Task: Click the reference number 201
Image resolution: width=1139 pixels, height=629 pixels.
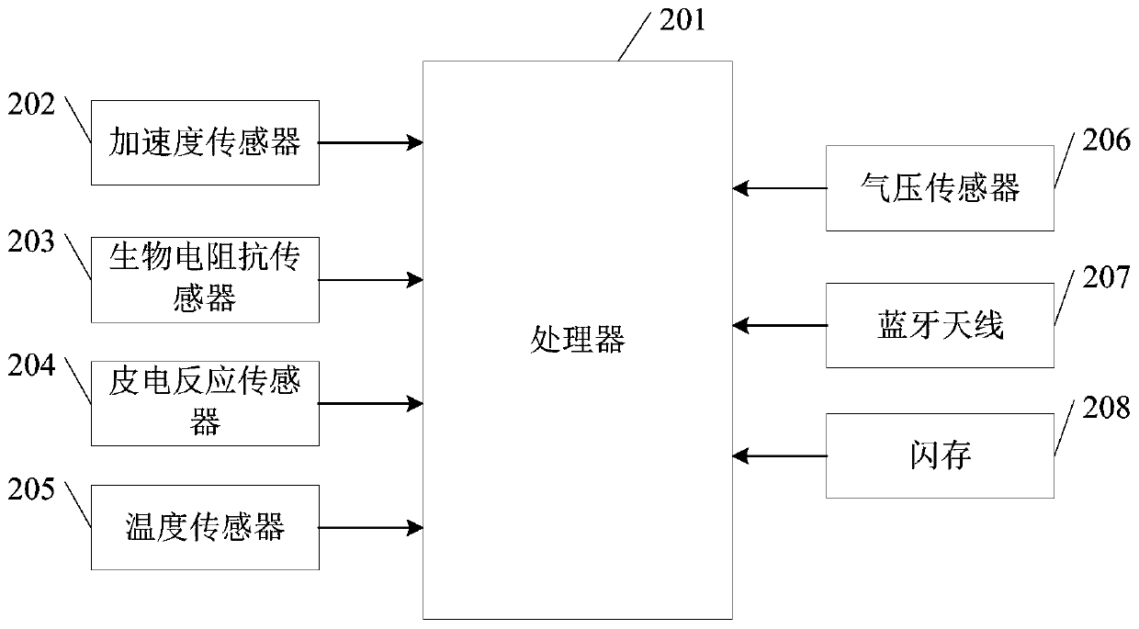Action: tap(682, 21)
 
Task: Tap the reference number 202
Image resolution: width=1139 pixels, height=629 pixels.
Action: tap(31, 105)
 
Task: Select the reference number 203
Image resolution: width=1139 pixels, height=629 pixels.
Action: tap(31, 241)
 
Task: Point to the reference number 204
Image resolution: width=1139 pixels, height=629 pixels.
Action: tap(31, 365)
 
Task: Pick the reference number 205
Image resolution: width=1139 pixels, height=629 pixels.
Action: tap(31, 489)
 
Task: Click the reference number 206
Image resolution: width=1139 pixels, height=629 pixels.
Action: tap(1106, 140)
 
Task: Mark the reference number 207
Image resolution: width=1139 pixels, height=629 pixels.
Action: tap(1106, 277)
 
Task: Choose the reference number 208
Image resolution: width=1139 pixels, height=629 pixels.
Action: tap(1106, 408)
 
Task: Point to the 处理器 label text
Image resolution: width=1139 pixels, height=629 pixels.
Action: tap(578, 339)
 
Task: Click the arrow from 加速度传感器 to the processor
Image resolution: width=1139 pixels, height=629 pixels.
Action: tap(371, 143)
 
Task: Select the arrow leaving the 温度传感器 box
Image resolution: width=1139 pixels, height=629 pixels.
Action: tap(371, 528)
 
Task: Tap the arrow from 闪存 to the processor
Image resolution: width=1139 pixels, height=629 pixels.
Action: tap(780, 456)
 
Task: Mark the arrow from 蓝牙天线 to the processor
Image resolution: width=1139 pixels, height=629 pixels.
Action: tap(780, 325)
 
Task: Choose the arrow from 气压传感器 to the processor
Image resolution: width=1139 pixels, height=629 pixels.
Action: tap(780, 188)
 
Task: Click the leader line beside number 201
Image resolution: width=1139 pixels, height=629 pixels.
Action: tap(635, 37)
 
